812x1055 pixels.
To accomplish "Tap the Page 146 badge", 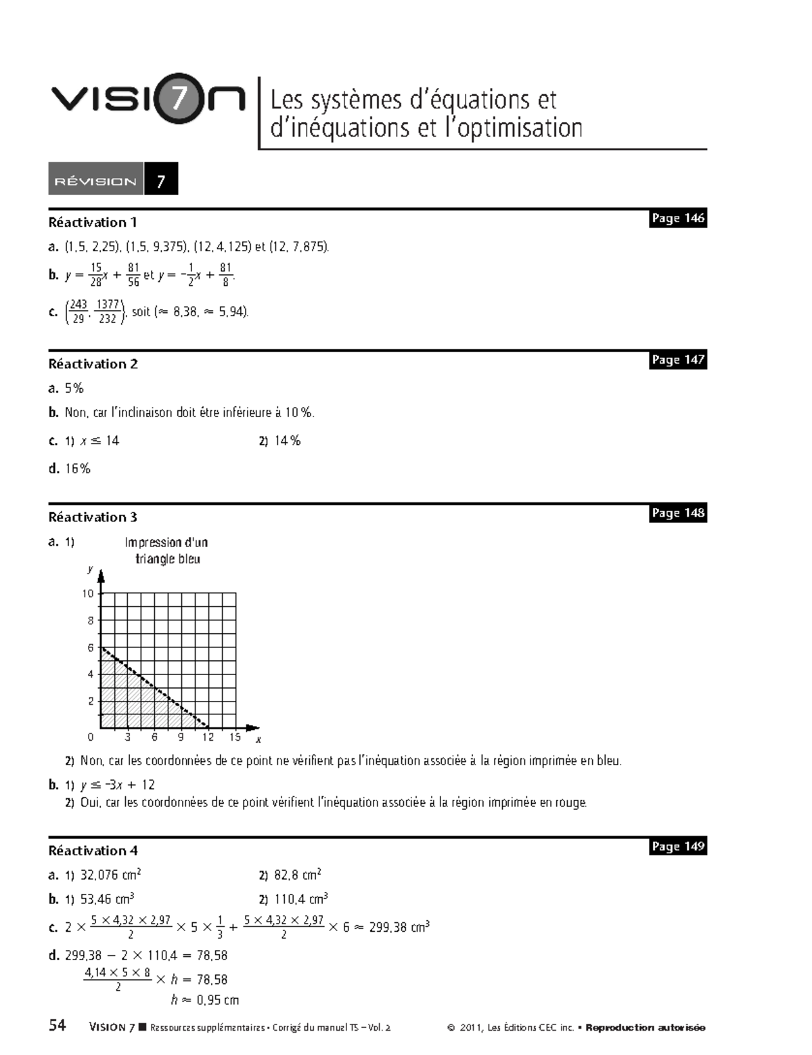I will [x=677, y=218].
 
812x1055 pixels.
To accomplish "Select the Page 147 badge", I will [x=677, y=360].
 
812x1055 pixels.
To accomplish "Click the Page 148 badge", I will [x=677, y=513].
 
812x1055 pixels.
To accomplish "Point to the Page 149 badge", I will [x=677, y=846].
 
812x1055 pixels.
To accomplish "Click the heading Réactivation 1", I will [x=93, y=222].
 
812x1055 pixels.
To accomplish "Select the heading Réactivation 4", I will [x=93, y=851].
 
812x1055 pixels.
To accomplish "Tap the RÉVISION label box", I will [x=95, y=181].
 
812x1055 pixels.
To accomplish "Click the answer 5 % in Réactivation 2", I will [x=74, y=388].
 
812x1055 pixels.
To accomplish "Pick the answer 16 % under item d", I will [x=77, y=469].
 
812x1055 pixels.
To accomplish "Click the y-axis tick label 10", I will [x=88, y=594].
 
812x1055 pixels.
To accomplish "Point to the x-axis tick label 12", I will [x=208, y=737].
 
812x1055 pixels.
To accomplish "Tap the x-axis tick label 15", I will [x=235, y=737].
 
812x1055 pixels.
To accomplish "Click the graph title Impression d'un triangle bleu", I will [x=166, y=551].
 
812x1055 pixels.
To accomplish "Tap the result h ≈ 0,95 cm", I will [x=205, y=999].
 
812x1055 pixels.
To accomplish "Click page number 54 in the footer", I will [x=58, y=1025].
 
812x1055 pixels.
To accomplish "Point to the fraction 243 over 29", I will [x=78, y=311].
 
